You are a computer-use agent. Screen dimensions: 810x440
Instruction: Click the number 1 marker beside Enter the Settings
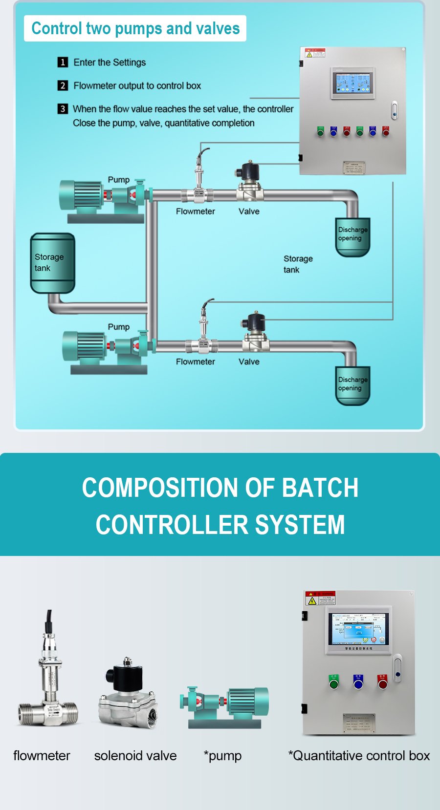tap(63, 62)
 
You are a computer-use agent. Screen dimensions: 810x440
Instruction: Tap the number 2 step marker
tap(63, 85)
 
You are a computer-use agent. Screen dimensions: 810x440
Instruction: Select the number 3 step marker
tap(63, 108)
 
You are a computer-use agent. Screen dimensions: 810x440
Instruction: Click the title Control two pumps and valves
tap(135, 28)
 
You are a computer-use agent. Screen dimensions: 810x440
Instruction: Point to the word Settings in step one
tap(129, 62)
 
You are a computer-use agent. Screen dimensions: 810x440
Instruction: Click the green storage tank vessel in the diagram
tap(52, 263)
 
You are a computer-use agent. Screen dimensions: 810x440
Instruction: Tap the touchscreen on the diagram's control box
tap(352, 83)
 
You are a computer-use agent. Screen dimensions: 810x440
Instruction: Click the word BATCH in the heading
tap(320, 488)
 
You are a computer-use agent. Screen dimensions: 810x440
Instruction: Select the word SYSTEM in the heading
tap(300, 525)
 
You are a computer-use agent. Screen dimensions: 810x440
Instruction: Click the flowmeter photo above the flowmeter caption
tap(48, 674)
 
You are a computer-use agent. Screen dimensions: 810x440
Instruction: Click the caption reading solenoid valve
tap(135, 755)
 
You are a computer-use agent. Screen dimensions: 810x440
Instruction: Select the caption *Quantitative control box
tap(359, 755)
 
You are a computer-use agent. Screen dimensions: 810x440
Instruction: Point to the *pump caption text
tap(222, 755)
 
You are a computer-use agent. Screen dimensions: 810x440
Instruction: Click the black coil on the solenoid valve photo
tap(124, 676)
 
